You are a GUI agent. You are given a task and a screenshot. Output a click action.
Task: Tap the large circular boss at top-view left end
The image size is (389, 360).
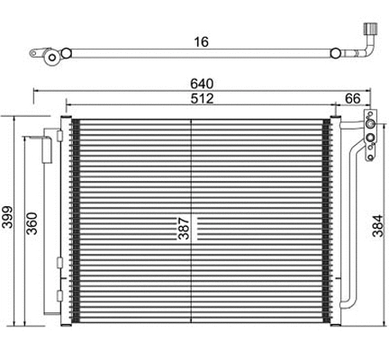tap(55, 60)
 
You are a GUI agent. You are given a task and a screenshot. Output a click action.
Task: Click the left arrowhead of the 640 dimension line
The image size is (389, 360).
tap(36, 90)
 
